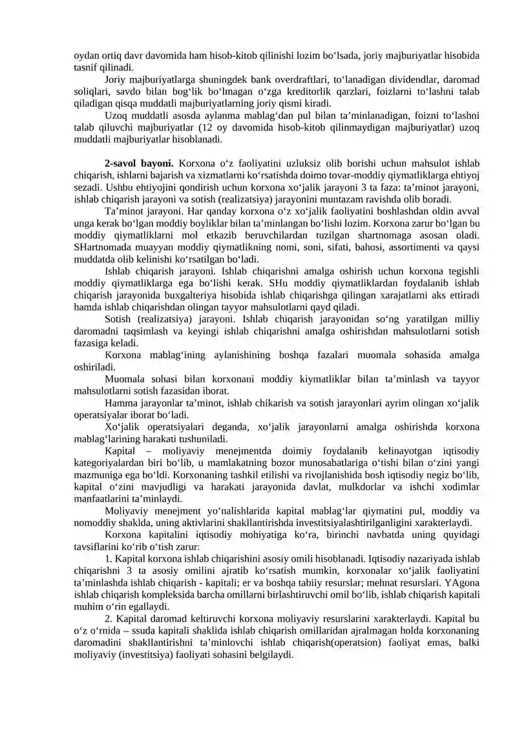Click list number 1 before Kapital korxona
click(x=107, y=558)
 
